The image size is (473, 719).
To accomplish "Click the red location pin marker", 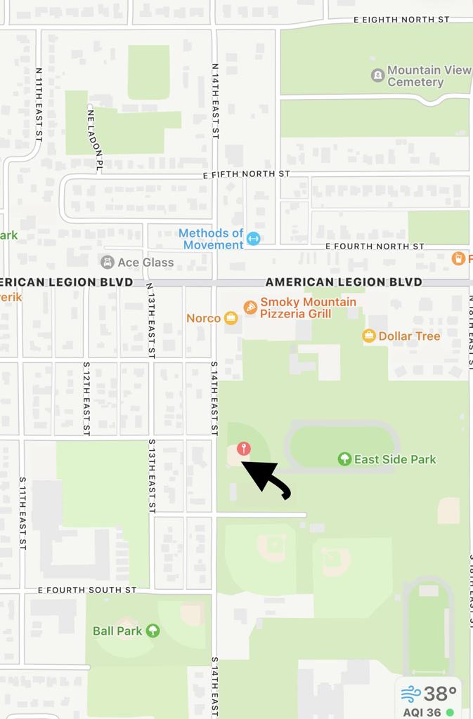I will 243,449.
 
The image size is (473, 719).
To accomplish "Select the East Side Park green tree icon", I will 344,459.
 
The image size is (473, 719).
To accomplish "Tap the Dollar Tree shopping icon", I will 369,336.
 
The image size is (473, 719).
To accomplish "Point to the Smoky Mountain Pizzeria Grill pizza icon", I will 250,307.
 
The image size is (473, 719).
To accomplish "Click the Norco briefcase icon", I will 231,318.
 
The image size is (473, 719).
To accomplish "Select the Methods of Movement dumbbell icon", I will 254,239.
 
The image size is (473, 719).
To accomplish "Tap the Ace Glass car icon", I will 107,262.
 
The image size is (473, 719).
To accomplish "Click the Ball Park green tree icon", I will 153,631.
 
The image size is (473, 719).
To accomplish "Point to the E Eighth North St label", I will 401,20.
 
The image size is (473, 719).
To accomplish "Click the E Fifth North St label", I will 246,173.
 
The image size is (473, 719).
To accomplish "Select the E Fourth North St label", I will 375,246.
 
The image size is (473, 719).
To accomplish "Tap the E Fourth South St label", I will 87,590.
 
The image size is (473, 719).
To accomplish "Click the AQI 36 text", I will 422,712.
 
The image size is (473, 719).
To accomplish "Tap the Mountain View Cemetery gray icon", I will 377,75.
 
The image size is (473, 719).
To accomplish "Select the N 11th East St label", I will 39,105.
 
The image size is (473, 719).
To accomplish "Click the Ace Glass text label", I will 145,263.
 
